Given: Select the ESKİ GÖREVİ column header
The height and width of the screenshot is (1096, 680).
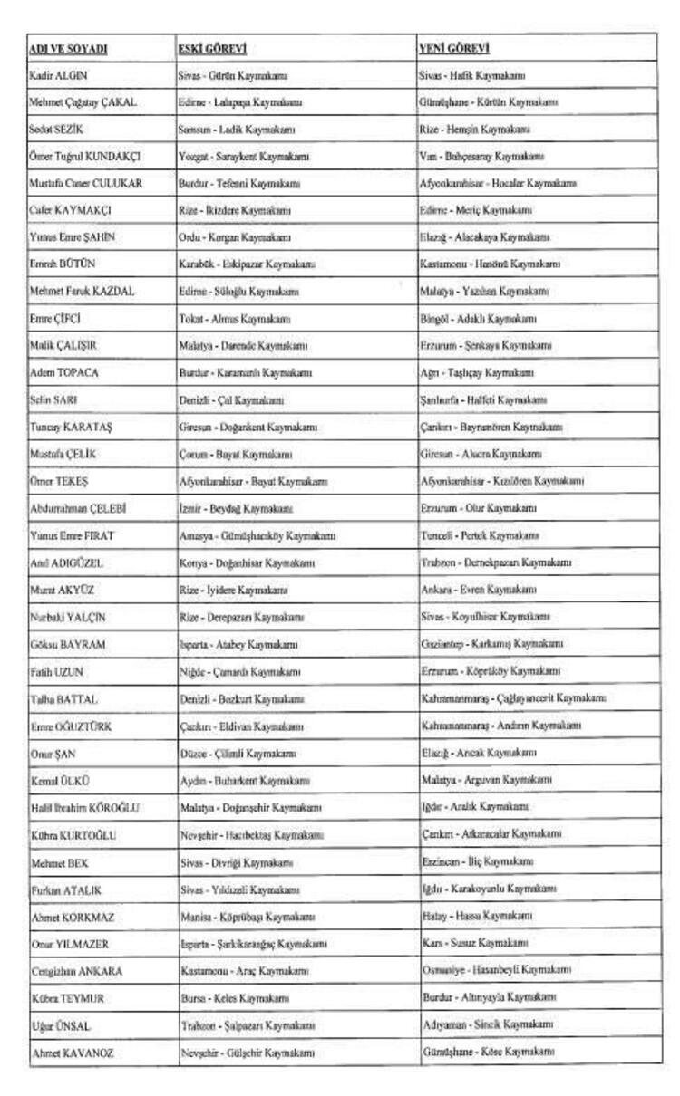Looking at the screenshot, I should pyautogui.click(x=212, y=48).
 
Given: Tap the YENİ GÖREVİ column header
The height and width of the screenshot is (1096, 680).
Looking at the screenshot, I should pyautogui.click(x=454, y=48).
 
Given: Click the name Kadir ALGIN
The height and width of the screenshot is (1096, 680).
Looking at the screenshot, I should pyautogui.click(x=59, y=75).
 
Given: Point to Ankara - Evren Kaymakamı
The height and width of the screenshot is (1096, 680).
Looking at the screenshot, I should pyautogui.click(x=480, y=590).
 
